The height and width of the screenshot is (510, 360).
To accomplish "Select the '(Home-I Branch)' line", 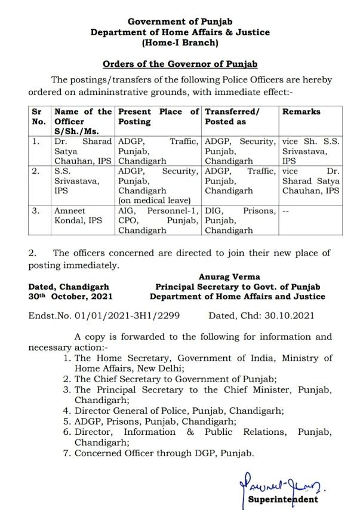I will [180, 42].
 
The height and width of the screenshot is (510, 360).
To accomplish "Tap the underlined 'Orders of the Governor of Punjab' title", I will [180, 64].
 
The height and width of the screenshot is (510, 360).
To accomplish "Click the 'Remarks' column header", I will [301, 112].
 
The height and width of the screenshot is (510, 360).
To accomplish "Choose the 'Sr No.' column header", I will [39, 116].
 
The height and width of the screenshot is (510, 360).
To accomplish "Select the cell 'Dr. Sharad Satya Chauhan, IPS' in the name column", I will [82, 151].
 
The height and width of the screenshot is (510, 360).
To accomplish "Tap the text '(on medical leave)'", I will [152, 200].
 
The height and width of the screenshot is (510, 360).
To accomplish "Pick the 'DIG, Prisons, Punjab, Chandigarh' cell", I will [240, 220].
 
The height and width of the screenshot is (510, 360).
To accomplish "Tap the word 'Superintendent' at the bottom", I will [283, 499].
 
